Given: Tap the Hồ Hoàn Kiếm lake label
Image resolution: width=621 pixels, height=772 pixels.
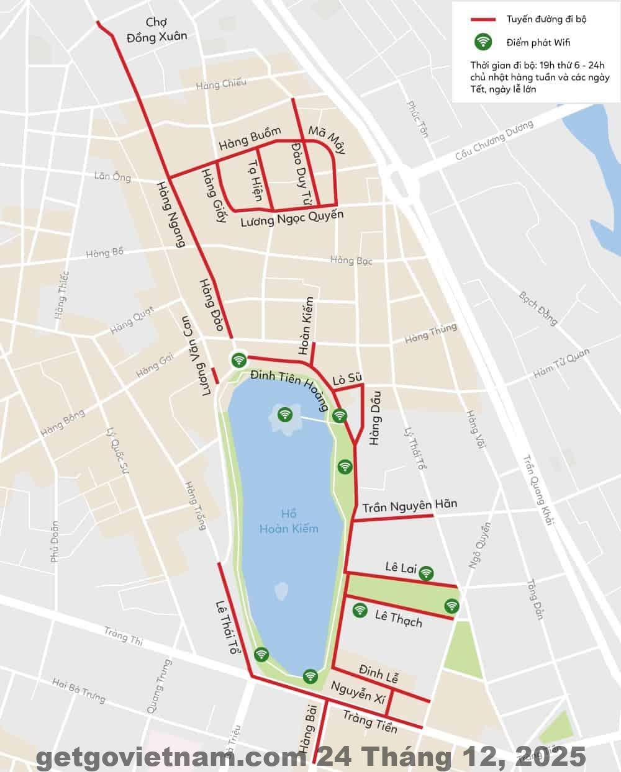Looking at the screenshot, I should pyautogui.click(x=289, y=521).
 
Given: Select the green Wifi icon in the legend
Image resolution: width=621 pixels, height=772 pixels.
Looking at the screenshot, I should pyautogui.click(x=483, y=42).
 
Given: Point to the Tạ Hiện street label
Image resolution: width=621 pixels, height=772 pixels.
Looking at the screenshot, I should pyautogui.click(x=255, y=177).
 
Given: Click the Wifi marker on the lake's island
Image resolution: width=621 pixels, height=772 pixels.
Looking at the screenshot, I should pyautogui.click(x=285, y=414).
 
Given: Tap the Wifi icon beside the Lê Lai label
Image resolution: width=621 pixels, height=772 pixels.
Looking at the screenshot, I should pyautogui.click(x=426, y=573).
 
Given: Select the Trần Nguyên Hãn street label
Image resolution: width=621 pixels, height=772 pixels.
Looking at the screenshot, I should pyautogui.click(x=410, y=506).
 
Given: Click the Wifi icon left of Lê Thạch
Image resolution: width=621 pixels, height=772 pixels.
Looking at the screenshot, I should pyautogui.click(x=359, y=610).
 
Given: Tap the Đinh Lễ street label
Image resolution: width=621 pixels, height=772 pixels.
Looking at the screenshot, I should pyautogui.click(x=379, y=673).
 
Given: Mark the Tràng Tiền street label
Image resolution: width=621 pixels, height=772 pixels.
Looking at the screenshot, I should pyautogui.click(x=370, y=720).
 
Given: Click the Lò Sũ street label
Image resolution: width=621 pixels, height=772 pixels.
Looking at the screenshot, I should pyautogui.click(x=347, y=379).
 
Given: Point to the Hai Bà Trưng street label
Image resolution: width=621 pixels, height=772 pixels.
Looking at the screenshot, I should pyautogui.click(x=79, y=690).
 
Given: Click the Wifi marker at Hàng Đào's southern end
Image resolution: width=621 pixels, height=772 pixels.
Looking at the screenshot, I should pyautogui.click(x=239, y=359).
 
